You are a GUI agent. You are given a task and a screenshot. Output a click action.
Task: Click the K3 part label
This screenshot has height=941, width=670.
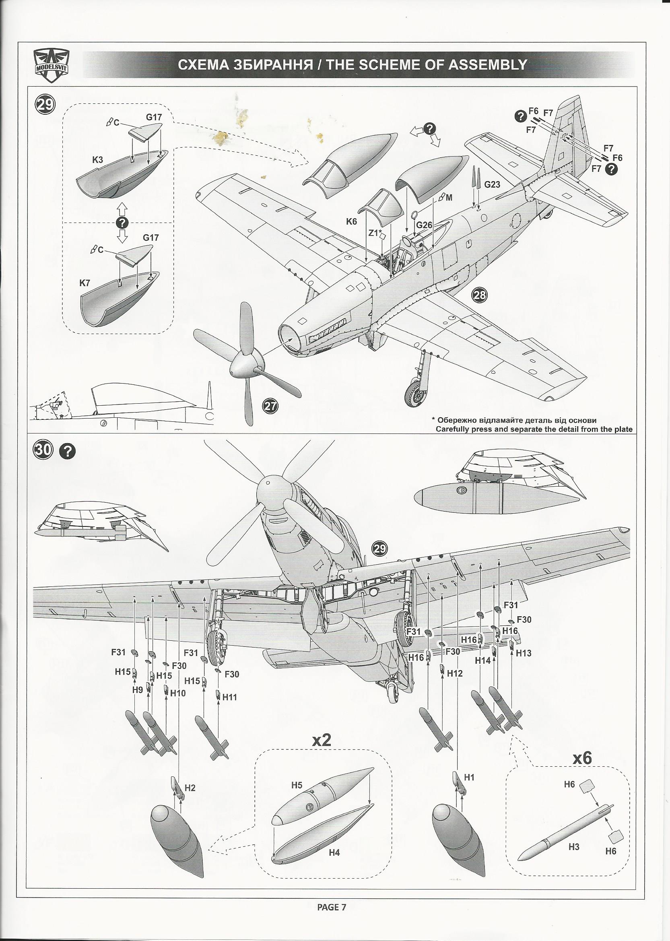pos(97,160)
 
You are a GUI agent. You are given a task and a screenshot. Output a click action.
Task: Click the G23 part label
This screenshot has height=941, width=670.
pos(492,184)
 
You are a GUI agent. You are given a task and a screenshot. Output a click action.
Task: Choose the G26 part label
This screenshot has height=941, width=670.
pos(424,225)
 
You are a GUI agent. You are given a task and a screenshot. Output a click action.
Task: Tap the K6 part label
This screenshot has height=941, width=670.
pos(352,221)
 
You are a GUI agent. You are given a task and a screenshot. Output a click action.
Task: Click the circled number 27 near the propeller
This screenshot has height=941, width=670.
pos(271,406)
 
